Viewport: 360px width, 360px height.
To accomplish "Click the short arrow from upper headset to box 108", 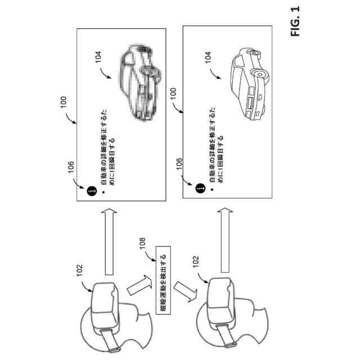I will point(137,285).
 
